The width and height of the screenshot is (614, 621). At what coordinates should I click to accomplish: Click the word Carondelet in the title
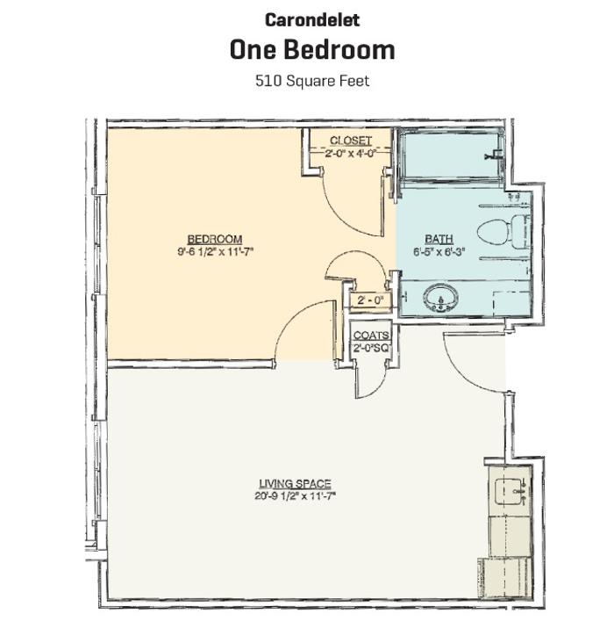click(311, 19)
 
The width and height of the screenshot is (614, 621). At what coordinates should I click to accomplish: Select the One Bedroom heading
click(311, 50)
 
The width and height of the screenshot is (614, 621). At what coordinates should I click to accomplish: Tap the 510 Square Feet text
click(311, 81)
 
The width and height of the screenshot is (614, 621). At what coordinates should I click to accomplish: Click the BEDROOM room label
click(214, 240)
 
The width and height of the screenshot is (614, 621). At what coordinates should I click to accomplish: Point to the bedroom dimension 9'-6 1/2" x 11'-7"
click(214, 251)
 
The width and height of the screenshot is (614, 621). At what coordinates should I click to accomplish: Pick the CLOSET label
click(350, 141)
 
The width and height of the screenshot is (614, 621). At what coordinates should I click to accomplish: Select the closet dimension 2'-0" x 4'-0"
click(350, 152)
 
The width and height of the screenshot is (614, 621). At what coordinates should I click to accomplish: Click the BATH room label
click(439, 239)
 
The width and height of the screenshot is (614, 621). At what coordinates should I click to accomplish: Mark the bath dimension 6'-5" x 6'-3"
click(439, 251)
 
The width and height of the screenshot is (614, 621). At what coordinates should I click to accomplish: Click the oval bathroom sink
click(439, 300)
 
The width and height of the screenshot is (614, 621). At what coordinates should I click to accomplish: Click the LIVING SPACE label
click(295, 484)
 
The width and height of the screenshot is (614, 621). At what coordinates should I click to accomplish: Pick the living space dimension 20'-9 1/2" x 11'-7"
click(295, 495)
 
